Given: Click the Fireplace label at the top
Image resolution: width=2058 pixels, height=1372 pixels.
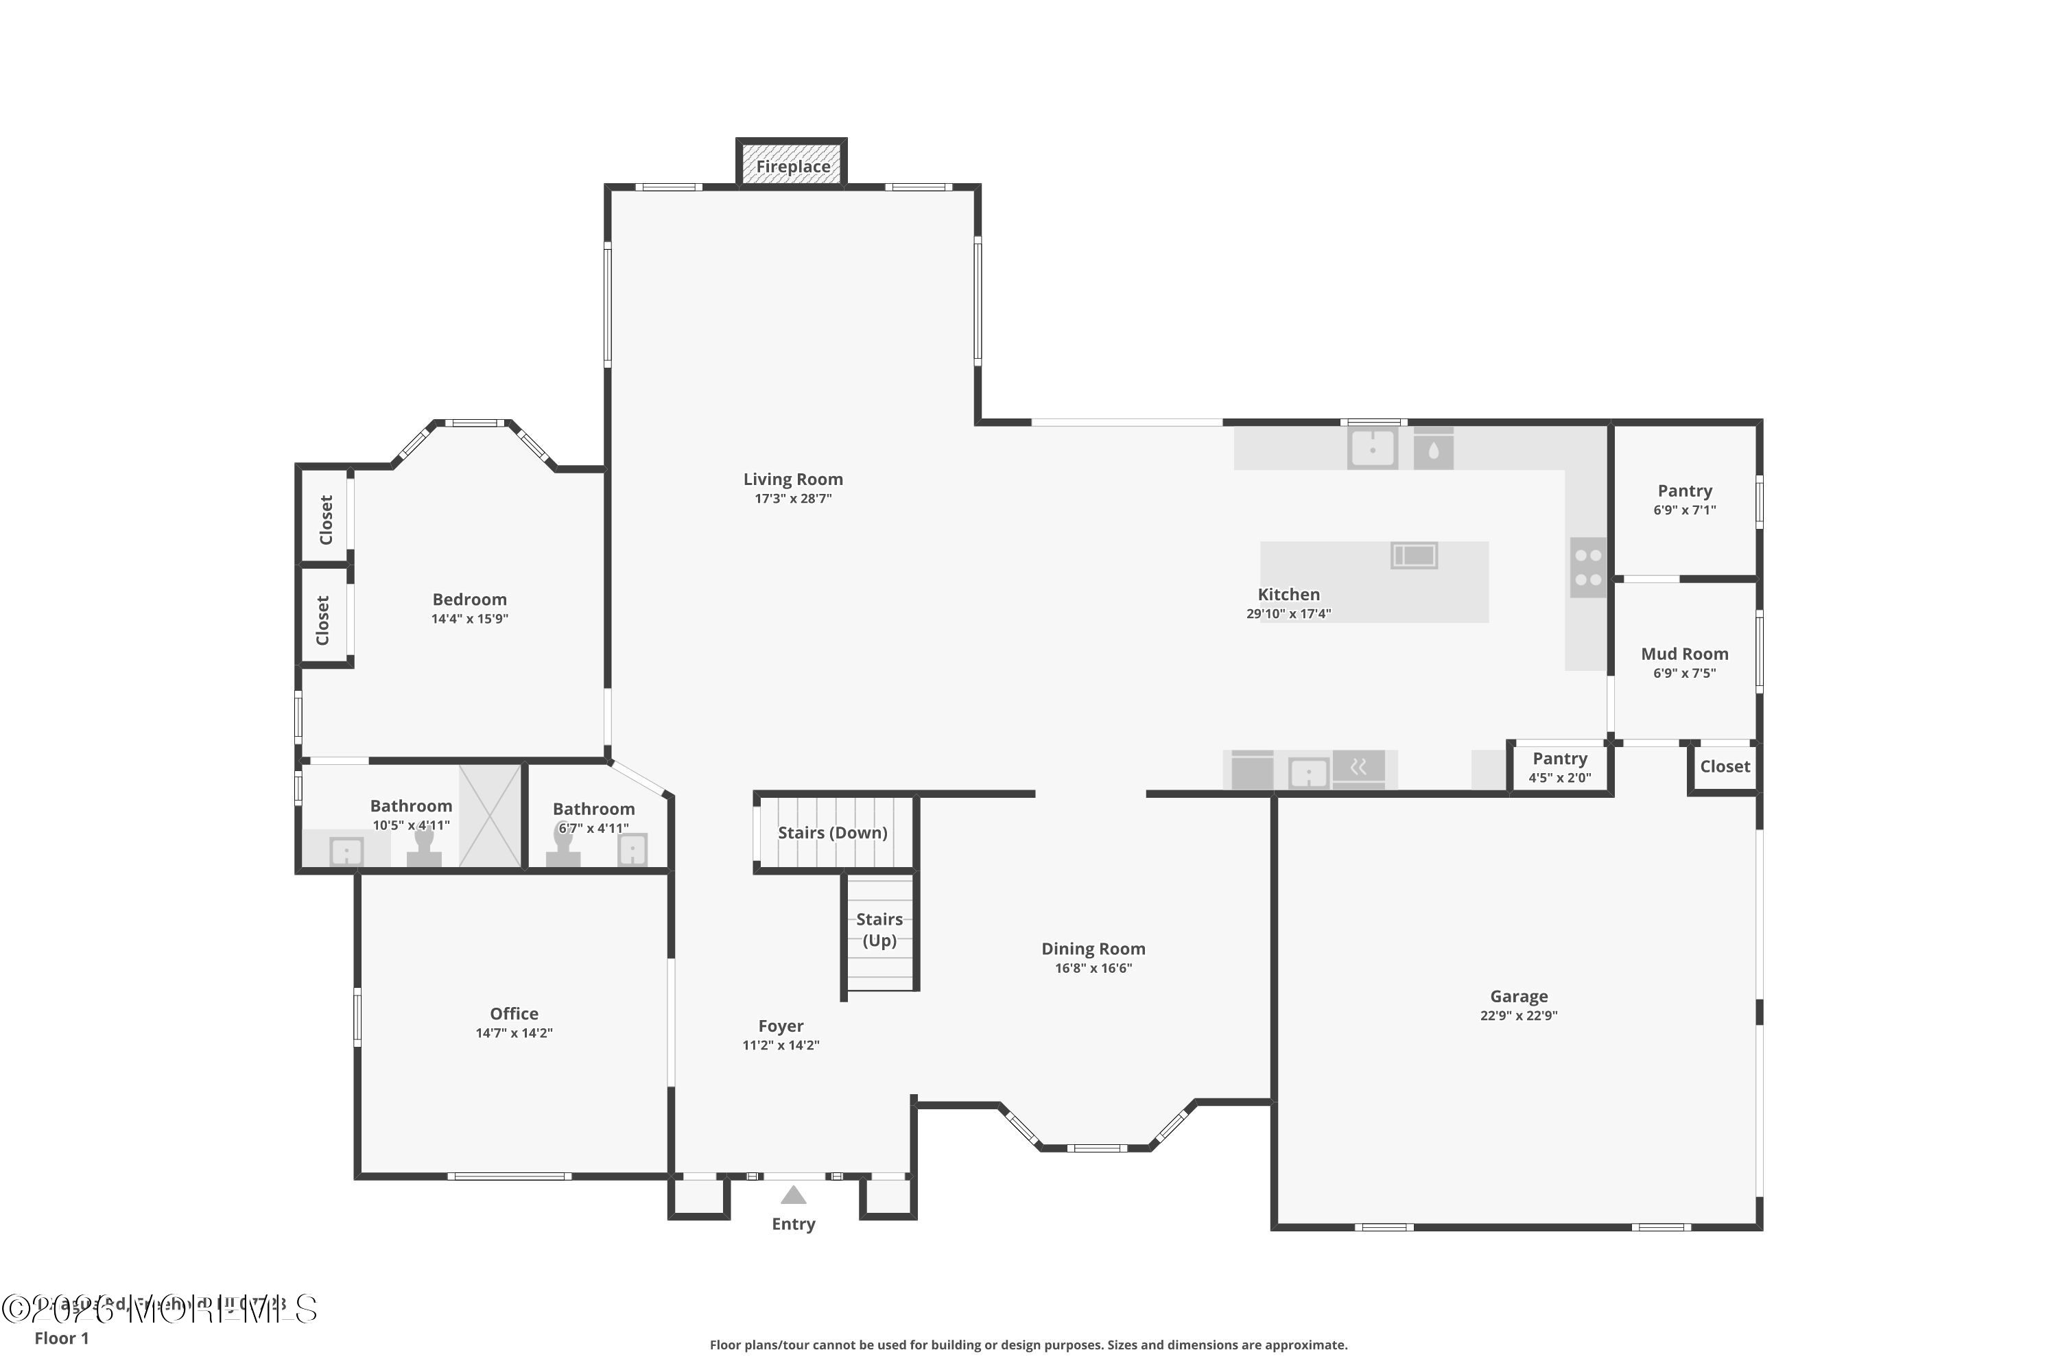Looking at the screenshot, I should (793, 166).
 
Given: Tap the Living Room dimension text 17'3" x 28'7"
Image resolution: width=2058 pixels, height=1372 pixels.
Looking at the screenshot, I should (793, 499).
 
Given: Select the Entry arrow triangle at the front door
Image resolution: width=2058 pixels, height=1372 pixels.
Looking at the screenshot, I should (793, 1195).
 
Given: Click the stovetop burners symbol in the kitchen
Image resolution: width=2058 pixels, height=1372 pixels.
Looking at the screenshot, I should (1588, 568).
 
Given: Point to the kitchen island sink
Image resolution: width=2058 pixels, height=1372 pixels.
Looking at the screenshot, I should (1414, 555).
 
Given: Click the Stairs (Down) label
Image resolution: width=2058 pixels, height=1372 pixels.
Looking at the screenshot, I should (832, 833).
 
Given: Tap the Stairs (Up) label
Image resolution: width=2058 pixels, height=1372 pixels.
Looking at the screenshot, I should (879, 930).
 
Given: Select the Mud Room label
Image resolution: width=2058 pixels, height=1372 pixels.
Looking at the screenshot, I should (1684, 654).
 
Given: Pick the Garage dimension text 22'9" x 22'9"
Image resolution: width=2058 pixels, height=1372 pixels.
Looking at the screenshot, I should (1519, 1016).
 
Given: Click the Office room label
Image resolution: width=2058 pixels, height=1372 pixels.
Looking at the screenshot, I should (514, 1013).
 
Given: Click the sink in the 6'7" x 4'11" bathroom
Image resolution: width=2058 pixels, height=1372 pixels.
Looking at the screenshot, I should (632, 849).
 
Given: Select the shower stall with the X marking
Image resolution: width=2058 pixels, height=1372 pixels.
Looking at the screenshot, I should (490, 816).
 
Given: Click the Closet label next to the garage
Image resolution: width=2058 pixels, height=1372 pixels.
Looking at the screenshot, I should (1725, 766).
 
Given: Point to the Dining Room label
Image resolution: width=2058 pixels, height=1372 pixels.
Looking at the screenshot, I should (1093, 949).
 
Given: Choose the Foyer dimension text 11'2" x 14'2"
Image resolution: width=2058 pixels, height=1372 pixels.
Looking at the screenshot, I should (781, 1045).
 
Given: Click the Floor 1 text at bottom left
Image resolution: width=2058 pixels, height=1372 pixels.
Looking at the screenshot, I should (61, 1338).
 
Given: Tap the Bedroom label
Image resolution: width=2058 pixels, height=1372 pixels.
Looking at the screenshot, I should (469, 600).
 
